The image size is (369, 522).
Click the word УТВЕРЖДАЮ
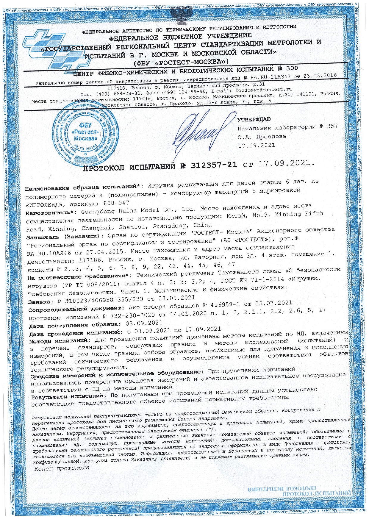point(254,120)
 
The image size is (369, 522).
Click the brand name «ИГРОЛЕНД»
point(46,205)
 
